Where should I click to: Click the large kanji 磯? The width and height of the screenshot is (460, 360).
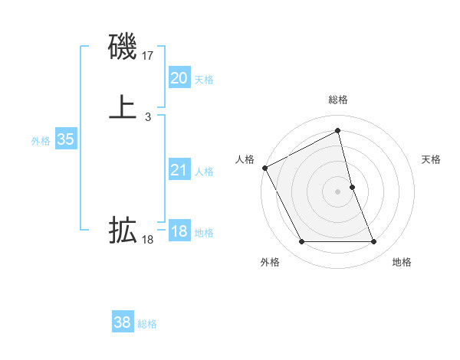pos(123,47)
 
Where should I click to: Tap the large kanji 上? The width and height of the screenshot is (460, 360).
pos(123,107)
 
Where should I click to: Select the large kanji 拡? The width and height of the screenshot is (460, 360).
pos(123,230)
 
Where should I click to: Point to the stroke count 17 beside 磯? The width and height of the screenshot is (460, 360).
pos(148,55)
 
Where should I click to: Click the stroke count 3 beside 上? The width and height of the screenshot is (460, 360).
pos(148,117)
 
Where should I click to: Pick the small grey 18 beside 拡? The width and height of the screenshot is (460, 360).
pos(148,240)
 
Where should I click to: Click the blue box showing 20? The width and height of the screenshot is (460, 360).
pos(179,78)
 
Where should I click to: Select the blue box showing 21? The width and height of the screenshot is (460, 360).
pos(179,170)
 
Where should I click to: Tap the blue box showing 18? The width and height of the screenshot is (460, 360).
pos(179,231)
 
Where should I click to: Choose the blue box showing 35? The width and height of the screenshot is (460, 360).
pos(65,139)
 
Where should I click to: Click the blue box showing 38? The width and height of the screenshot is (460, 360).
pos(123,322)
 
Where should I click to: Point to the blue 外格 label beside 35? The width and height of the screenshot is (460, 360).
pos(41,141)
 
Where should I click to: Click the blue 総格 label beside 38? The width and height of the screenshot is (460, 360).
pos(147,324)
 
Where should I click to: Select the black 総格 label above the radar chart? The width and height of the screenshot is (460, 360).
pos(338,100)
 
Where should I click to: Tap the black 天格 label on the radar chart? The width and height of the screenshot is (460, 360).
pos(432,159)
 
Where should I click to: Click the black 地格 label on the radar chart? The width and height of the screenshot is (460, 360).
pos(402,262)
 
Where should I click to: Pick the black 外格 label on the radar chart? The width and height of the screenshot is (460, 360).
pos(270,262)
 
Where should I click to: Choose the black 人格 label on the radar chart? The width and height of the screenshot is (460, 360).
pos(245,159)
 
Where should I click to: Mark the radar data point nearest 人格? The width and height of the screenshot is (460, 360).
pos(264,168)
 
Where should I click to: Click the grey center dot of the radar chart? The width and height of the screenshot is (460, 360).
pos(338,191)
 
